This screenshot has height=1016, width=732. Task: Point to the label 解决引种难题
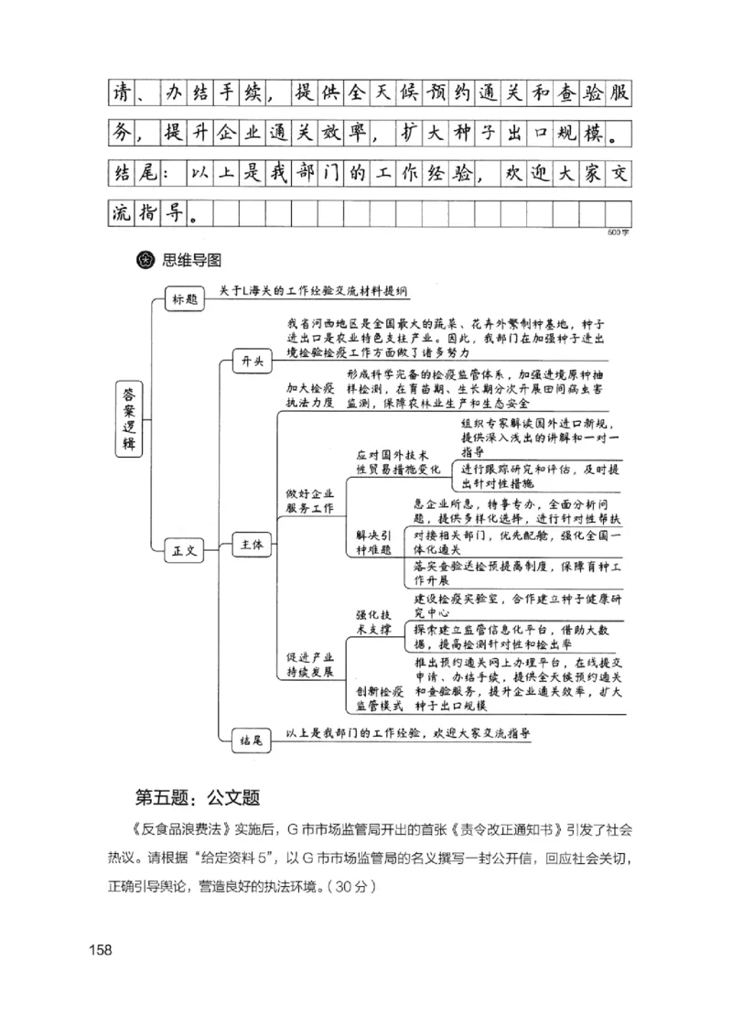pos(373,542)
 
